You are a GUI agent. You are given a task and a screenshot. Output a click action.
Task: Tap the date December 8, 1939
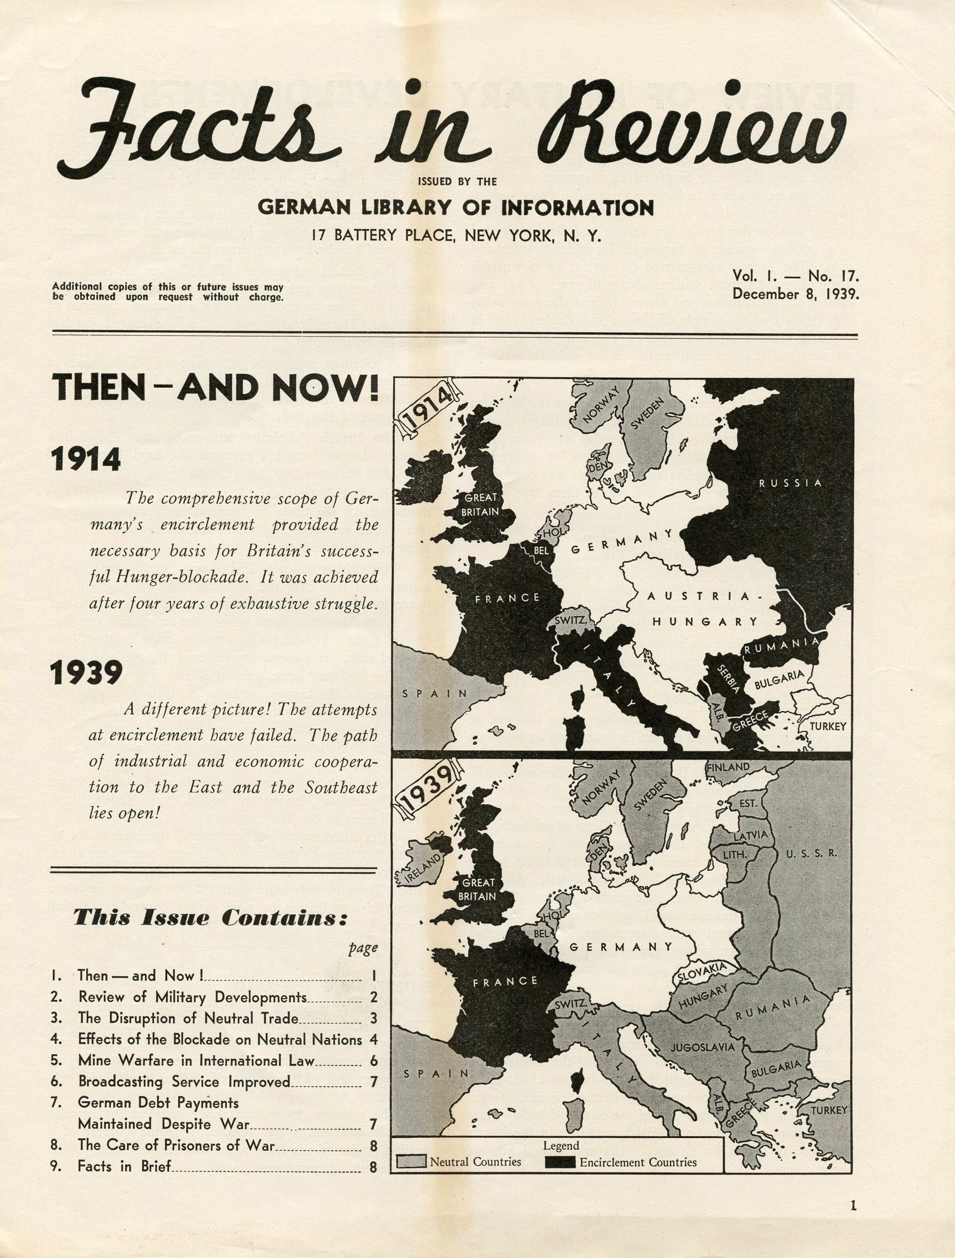point(795,294)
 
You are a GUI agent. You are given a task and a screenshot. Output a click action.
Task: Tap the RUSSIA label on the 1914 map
point(790,483)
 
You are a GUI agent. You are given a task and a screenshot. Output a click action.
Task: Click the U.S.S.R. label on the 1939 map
point(811,854)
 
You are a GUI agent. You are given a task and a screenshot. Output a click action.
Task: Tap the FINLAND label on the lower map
point(728,767)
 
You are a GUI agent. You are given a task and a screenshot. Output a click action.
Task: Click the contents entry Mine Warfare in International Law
point(196,1060)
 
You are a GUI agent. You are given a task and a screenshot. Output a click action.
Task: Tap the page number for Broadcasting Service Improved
point(373,1081)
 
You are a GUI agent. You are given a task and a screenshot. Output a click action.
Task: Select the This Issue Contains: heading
point(210,917)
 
